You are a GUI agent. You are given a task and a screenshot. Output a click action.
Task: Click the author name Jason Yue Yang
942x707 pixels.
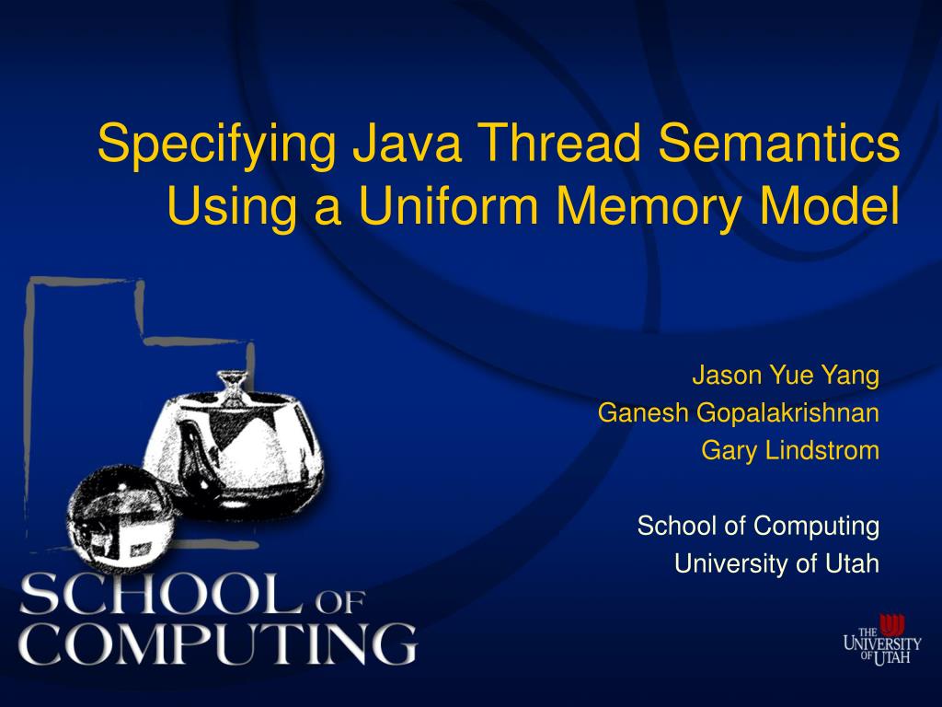[x=786, y=377]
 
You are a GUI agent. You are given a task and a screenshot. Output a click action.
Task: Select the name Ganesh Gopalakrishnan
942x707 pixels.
[x=739, y=413]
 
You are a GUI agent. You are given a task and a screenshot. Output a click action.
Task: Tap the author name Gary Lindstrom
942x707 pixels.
[x=790, y=451]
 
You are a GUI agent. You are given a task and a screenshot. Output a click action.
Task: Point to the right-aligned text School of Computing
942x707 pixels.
[x=758, y=527]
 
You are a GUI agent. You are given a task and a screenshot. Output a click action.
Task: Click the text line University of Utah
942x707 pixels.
[x=777, y=563]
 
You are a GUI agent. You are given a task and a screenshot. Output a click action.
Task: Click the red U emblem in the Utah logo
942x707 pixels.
[x=891, y=624]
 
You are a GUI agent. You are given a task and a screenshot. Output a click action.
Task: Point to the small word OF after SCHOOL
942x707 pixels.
[x=341, y=603]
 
